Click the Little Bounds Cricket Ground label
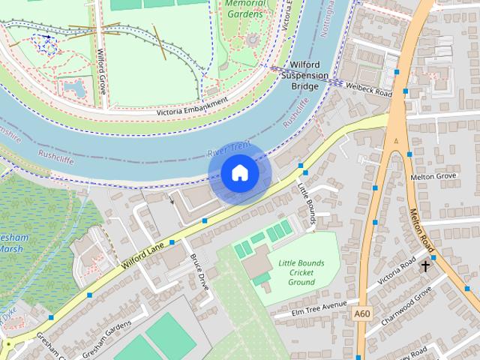point(301,272)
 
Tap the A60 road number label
point(363,313)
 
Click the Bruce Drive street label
point(199,271)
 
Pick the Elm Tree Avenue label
point(319,307)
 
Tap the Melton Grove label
point(433,177)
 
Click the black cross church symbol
point(425,265)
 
